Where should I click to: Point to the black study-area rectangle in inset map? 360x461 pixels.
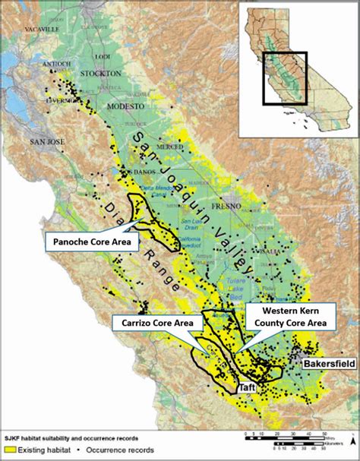285,78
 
